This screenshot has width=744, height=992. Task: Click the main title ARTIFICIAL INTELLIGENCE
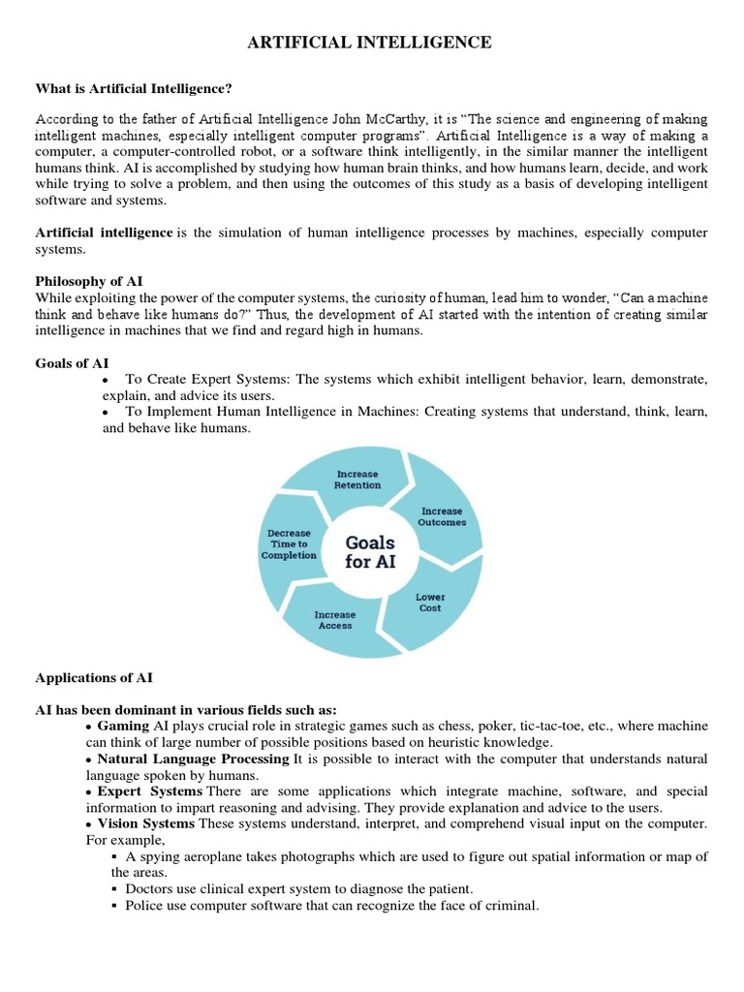click(x=371, y=43)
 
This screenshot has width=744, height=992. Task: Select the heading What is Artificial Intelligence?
click(x=134, y=89)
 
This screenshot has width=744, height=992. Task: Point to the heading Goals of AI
click(x=73, y=363)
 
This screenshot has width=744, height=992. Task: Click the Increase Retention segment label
click(x=357, y=480)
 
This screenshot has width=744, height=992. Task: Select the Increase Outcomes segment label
click(x=442, y=516)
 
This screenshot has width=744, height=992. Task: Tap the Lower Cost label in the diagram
click(x=430, y=603)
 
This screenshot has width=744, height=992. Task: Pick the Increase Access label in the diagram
click(x=335, y=620)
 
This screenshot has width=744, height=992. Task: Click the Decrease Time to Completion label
click(x=289, y=544)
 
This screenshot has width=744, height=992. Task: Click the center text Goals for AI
click(x=370, y=552)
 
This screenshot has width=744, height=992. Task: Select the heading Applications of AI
click(x=94, y=677)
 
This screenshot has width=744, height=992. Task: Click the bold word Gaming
click(x=123, y=726)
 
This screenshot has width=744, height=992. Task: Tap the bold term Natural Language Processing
click(x=193, y=759)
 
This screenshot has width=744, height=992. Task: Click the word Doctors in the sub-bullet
click(x=148, y=888)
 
